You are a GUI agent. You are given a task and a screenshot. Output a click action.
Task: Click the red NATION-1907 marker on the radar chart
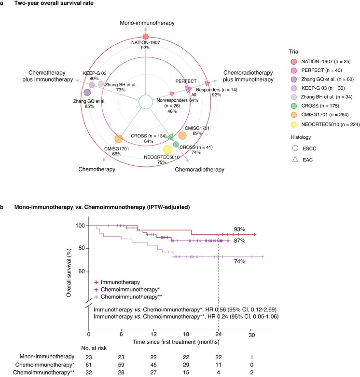[146, 37]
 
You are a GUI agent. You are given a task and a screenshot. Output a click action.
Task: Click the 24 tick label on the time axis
[218, 334]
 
